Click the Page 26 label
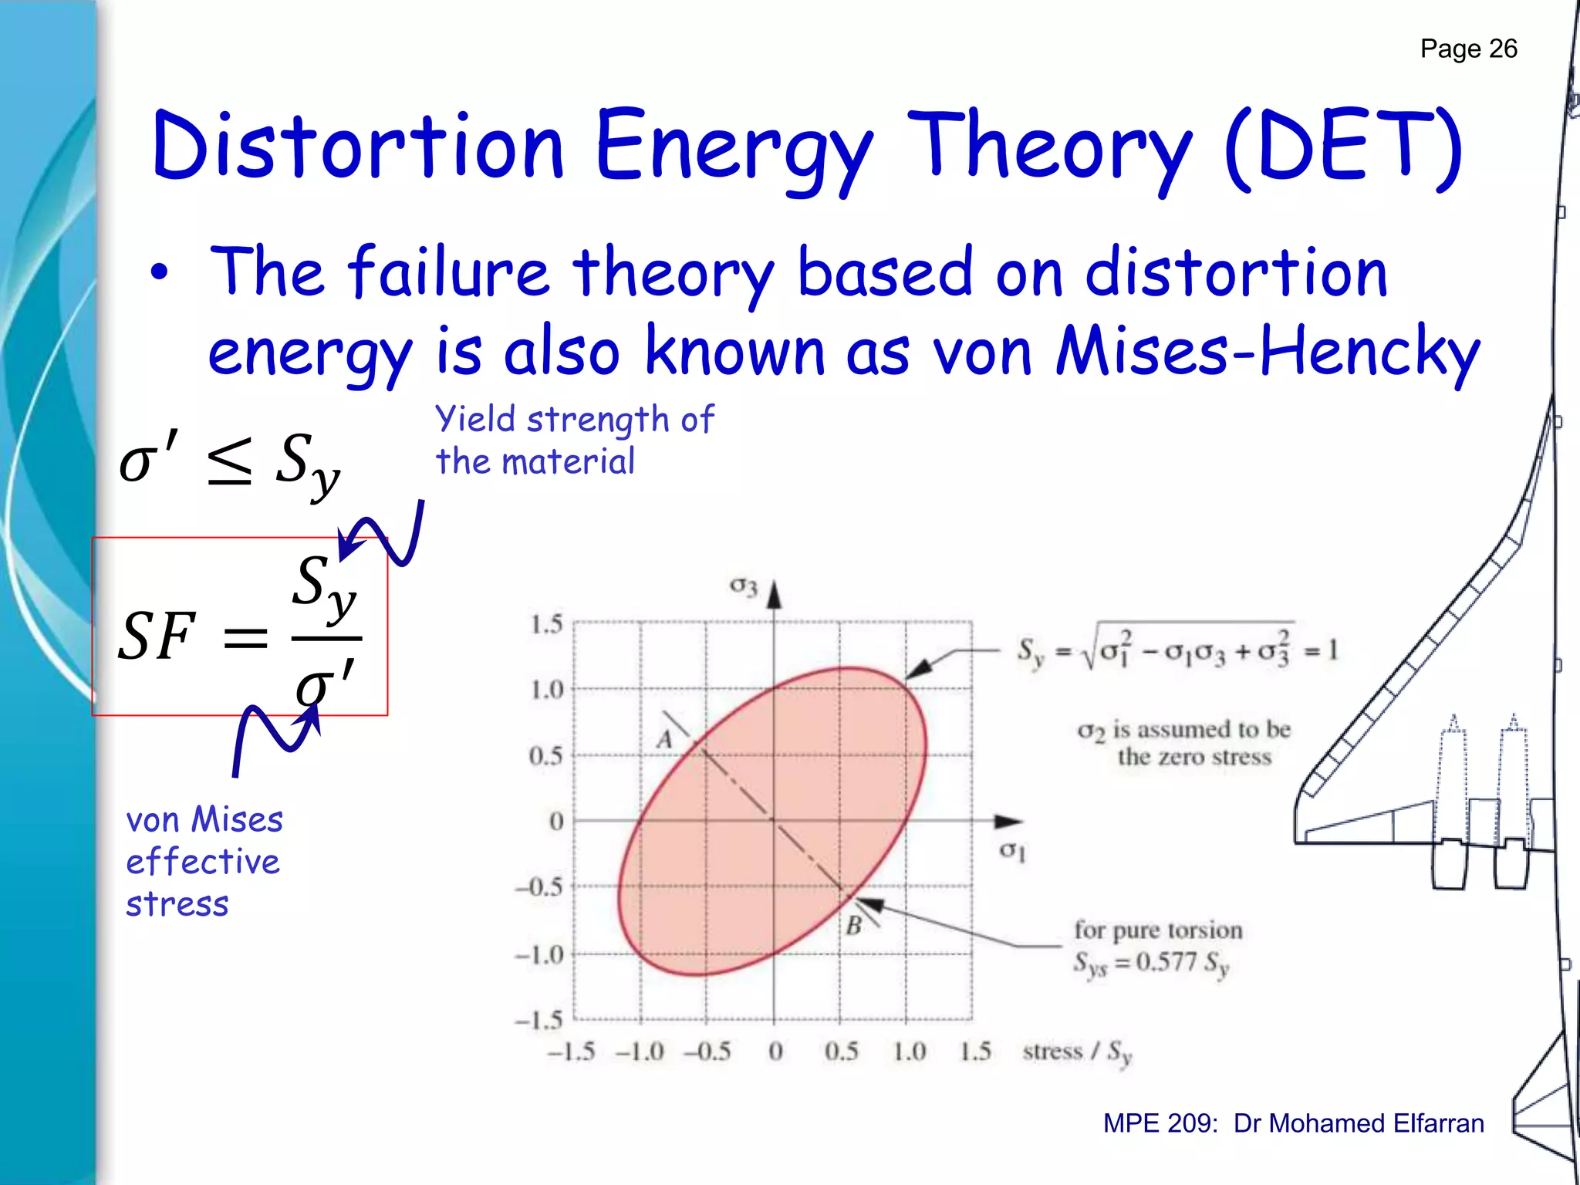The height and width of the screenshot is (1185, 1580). click(1468, 49)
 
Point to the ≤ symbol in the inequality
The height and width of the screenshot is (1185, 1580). click(230, 461)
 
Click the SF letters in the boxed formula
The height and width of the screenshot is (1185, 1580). click(157, 636)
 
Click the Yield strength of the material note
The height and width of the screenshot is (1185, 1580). click(575, 441)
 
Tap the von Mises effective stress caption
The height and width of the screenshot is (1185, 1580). click(204, 861)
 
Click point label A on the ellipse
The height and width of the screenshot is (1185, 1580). click(664, 740)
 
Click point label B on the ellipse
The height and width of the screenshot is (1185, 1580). click(853, 925)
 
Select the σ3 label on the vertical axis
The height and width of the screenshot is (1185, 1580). click(744, 587)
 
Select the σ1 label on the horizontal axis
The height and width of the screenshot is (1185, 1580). click(1012, 851)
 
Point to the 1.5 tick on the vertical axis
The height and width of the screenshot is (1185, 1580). click(546, 624)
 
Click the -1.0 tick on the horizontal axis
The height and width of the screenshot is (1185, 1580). click(640, 1052)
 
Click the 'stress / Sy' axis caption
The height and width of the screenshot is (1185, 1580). click(1077, 1052)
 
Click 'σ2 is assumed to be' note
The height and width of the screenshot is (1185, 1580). click(1183, 730)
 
